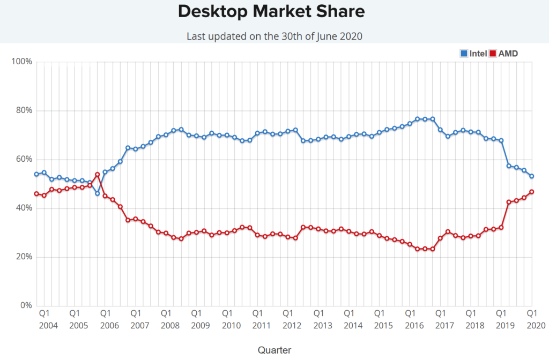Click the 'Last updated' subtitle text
(x=274, y=36)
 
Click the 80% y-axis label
(x=24, y=110)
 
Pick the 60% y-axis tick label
(x=24, y=159)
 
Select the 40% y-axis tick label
(x=24, y=208)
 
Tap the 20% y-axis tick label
(x=24, y=257)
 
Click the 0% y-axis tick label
(x=26, y=305)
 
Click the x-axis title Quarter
(x=274, y=350)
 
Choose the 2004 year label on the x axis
(x=49, y=325)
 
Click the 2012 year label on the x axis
(x=292, y=325)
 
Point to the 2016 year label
(x=414, y=325)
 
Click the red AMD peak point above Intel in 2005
(x=97, y=175)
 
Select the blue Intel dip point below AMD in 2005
(x=97, y=193)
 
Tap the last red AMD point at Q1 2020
(x=531, y=192)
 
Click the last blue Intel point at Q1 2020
(x=531, y=176)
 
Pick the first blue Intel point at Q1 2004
(x=36, y=174)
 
